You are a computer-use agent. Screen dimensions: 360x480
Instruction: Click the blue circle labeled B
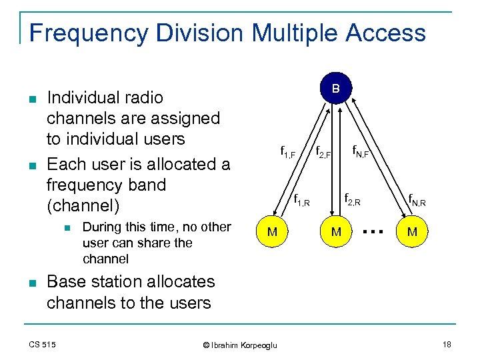[x=336, y=89]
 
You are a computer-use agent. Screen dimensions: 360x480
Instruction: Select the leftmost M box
[x=273, y=232]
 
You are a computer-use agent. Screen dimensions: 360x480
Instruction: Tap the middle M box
[x=337, y=232]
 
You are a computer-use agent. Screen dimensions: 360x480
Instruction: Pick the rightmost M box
[x=412, y=232]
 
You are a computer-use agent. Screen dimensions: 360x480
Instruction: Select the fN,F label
[x=361, y=152]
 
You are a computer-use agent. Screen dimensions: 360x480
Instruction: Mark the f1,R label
[x=301, y=199]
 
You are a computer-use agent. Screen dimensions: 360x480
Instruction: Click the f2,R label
[x=353, y=198]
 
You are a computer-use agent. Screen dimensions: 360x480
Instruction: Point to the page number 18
[x=446, y=344]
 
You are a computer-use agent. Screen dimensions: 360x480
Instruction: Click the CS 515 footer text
[x=42, y=344]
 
